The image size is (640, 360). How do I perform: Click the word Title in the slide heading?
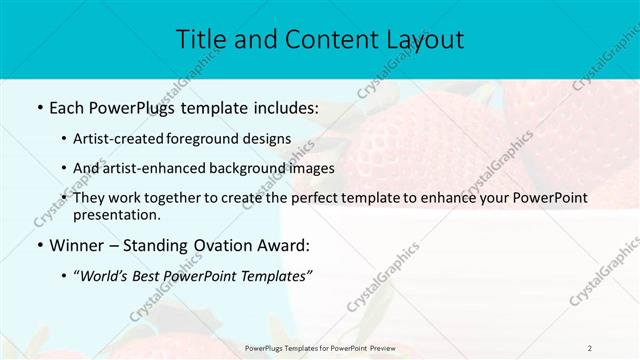pyautogui.click(x=200, y=40)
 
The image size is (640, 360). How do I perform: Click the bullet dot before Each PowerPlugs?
pyautogui.click(x=38, y=108)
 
